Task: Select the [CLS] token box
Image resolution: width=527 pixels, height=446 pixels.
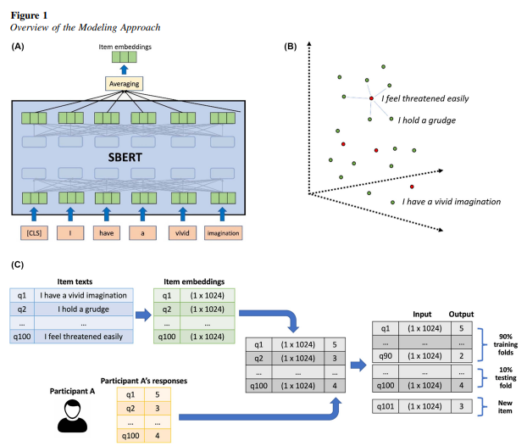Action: coord(35,232)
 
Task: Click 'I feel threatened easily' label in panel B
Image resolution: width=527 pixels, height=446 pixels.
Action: coord(424,98)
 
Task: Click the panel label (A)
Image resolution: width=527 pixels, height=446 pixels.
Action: coord(18,47)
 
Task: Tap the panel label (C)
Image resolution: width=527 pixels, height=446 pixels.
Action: coord(18,265)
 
